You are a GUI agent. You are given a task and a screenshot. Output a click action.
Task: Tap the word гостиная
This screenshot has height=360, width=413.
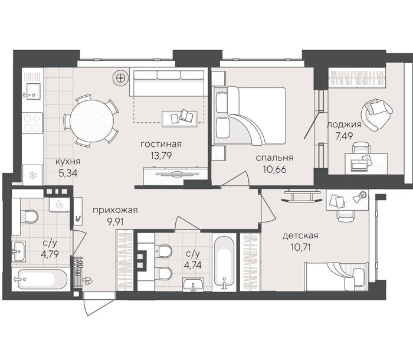pos(161,144)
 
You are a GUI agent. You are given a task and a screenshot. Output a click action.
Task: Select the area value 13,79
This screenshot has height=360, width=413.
pos(161,155)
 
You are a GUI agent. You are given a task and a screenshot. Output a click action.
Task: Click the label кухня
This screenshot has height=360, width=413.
pos(68,162)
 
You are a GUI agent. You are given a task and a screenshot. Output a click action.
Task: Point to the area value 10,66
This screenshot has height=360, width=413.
pos(274,169)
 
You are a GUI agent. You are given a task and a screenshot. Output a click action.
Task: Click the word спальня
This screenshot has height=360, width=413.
pos(274,158)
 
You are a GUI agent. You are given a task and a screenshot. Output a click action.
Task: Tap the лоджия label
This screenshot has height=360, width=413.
pos(344,125)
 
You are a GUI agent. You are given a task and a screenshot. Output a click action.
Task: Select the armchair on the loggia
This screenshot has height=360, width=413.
pos(376,114)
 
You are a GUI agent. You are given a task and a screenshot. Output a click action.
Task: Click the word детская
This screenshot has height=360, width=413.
pos(300,235)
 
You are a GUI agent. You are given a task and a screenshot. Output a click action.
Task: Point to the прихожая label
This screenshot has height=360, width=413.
pos(115,210)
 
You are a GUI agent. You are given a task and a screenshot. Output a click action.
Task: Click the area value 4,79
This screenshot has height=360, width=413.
pos(50,254)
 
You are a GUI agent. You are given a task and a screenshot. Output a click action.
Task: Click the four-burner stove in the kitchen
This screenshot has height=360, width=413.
pos(32,123)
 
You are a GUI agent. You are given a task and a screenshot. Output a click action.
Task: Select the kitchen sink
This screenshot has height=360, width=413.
pos(32,91)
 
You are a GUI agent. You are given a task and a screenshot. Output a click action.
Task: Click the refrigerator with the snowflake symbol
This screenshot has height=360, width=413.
pos(32,175)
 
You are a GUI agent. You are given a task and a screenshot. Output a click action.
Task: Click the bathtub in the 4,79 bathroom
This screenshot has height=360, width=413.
pos(40,279)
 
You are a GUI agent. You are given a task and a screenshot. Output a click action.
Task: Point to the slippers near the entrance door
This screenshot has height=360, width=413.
pos(87,280)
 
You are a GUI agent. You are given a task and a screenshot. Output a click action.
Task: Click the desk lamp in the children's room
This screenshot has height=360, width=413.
pos(359,197)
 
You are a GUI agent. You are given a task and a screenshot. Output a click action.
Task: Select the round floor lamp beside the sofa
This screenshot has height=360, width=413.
pos(120,77)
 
